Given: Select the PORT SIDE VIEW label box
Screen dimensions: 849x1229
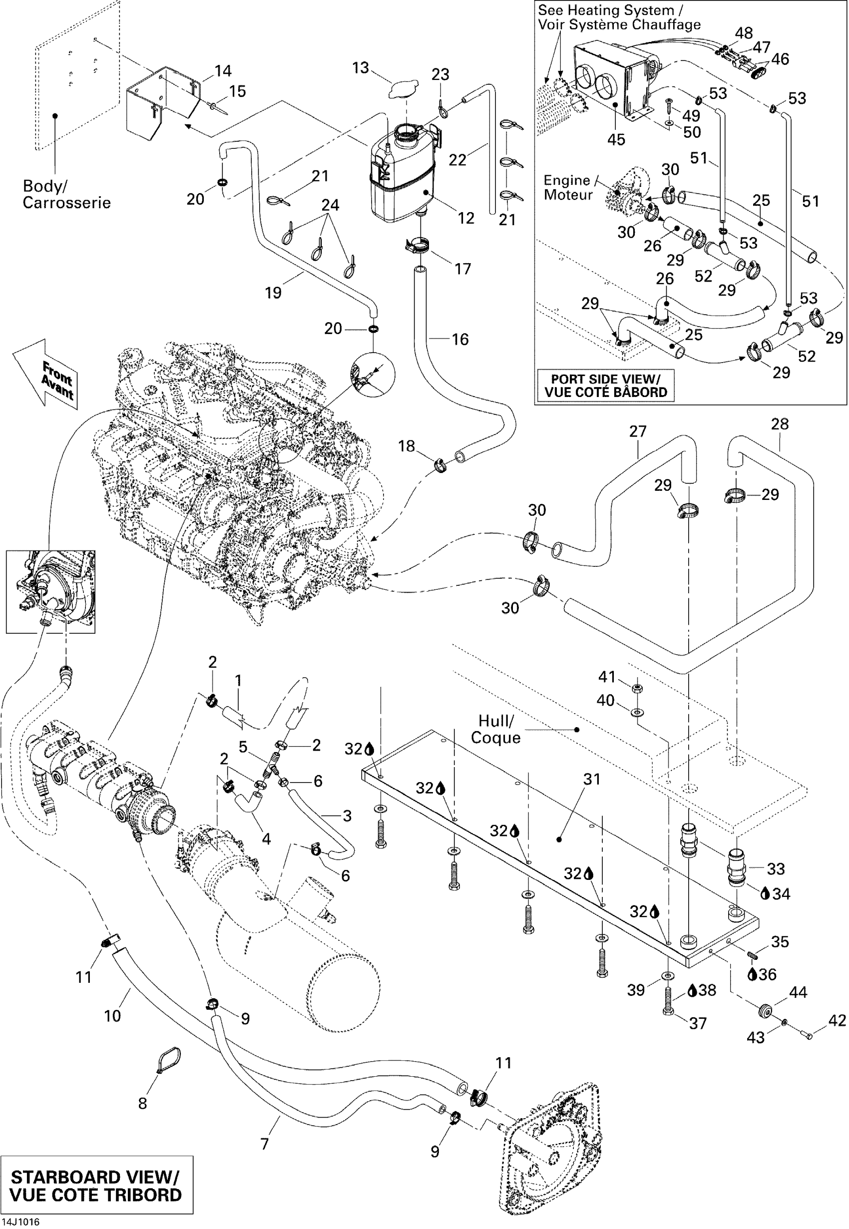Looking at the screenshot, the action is pyautogui.click(x=605, y=386).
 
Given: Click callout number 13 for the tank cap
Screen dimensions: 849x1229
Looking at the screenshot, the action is pyautogui.click(x=361, y=68).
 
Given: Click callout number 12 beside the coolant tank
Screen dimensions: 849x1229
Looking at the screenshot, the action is pyautogui.click(x=466, y=218).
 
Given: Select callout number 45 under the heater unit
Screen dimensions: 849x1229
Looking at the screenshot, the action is pyautogui.click(x=616, y=139).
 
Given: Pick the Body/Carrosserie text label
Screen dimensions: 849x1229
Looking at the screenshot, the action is pyautogui.click(x=66, y=194).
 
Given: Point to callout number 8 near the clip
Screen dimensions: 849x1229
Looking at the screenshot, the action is pyautogui.click(x=142, y=1104).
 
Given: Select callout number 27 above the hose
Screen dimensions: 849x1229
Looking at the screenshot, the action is pyautogui.click(x=637, y=431).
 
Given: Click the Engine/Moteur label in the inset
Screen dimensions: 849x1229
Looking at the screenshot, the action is pyautogui.click(x=568, y=187).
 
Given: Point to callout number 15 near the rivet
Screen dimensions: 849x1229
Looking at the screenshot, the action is pyautogui.click(x=237, y=91).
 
